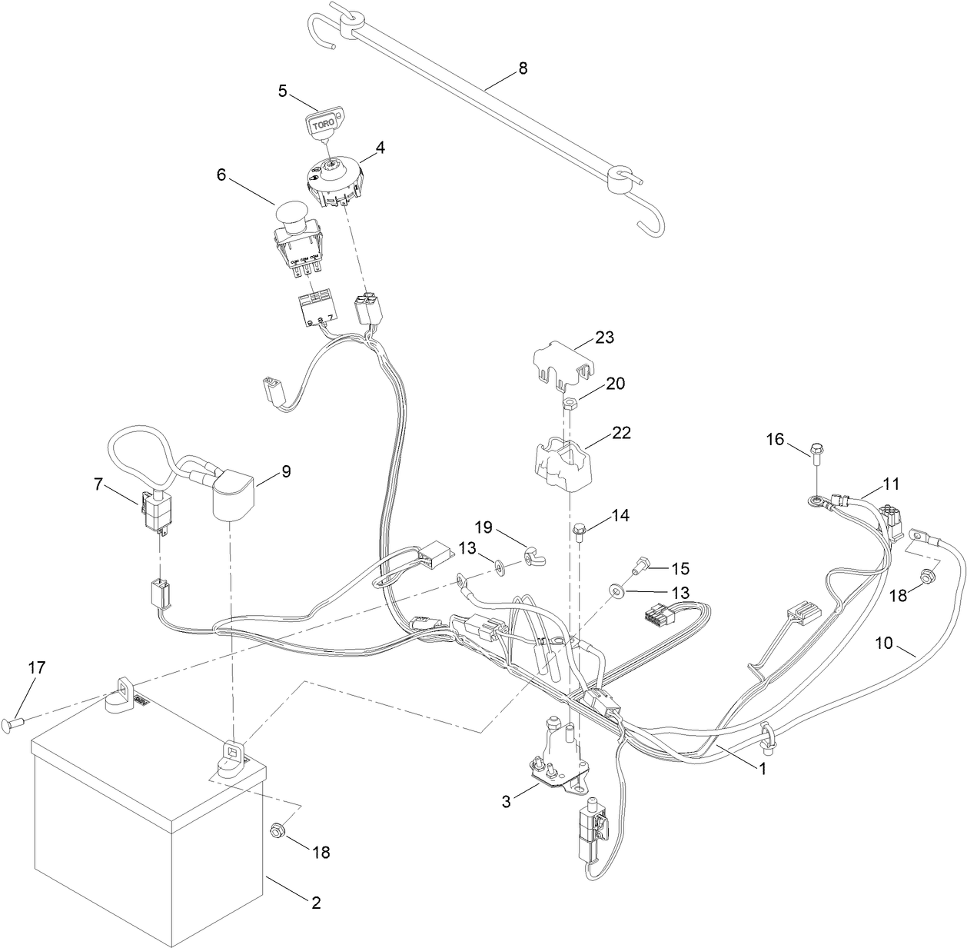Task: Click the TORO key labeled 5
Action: [x=326, y=123]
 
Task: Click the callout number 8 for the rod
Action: [x=523, y=68]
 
